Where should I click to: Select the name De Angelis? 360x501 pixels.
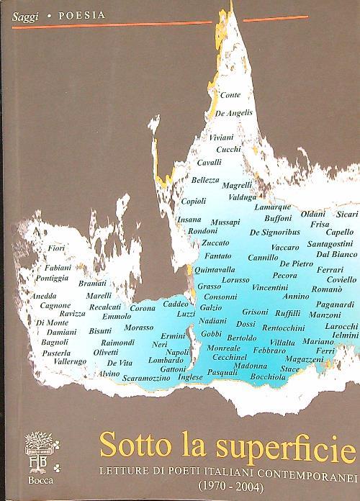[x=233, y=114]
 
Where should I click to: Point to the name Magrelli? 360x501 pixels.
[x=237, y=185]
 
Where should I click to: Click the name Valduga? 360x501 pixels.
[x=242, y=196]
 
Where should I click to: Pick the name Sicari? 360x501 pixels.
[x=347, y=214]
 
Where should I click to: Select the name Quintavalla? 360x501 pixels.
[x=215, y=268]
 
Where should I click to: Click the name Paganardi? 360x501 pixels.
[x=335, y=304]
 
